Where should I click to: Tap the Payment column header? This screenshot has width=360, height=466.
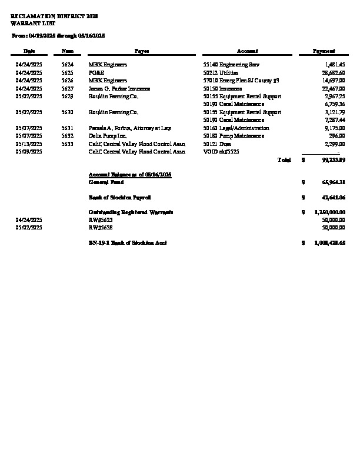pyautogui.click(x=324, y=51)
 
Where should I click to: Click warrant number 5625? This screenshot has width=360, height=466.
pyautogui.click(x=68, y=72)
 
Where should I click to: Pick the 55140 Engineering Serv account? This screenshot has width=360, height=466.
pyautogui.click(x=231, y=64)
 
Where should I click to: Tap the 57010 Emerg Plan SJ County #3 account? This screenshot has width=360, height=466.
pyautogui.click(x=241, y=80)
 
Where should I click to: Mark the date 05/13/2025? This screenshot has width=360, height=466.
pyautogui.click(x=28, y=144)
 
